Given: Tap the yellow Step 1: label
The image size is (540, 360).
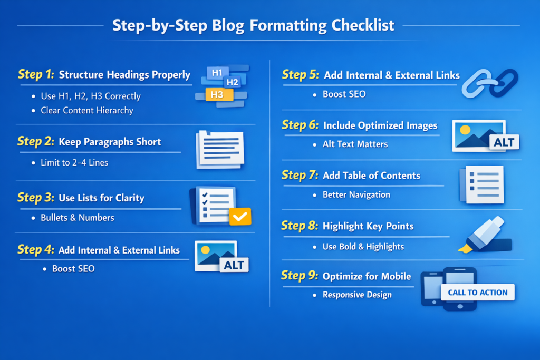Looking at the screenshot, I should (x=36, y=74).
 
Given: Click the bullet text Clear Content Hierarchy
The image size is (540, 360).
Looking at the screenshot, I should (x=87, y=111).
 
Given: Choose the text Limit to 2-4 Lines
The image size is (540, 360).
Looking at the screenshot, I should (x=74, y=163).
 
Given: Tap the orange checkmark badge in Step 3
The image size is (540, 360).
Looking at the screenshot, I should (x=240, y=216).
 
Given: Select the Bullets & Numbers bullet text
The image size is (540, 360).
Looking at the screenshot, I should (x=78, y=217).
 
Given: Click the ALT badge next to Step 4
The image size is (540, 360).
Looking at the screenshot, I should (x=234, y=265).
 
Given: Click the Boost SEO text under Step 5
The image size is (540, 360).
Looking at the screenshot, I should (x=344, y=94).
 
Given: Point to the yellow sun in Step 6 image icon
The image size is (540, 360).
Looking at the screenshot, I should (x=465, y=129).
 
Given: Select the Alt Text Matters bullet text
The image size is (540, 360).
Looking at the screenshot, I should (x=355, y=144).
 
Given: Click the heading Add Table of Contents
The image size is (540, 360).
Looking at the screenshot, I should (x=372, y=176).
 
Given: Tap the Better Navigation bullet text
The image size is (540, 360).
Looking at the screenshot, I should (x=356, y=195).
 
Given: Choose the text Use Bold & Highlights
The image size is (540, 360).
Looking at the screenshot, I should (x=363, y=247).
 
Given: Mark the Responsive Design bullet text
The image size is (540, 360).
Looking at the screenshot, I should (x=357, y=295).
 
